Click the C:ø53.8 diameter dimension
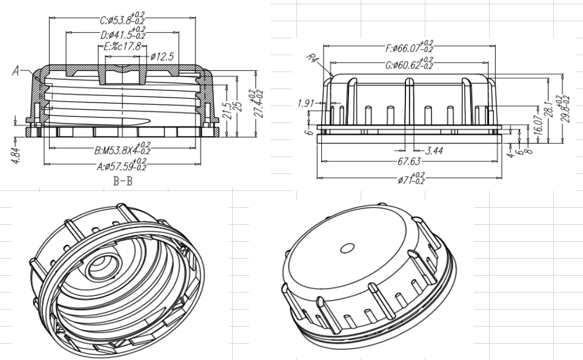point(122,19)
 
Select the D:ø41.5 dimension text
point(122,34)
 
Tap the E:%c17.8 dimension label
point(122,47)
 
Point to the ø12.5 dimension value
point(162,56)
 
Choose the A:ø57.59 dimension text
point(122,165)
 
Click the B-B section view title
point(122,181)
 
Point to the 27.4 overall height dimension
point(258,104)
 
